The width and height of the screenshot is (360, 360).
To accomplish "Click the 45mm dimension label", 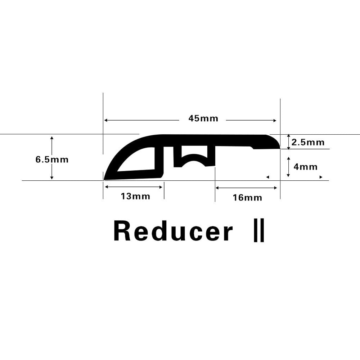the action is (x=203, y=118).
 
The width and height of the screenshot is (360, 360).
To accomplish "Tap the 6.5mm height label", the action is (x=52, y=159).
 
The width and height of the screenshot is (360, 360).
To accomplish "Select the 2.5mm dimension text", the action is (x=308, y=142).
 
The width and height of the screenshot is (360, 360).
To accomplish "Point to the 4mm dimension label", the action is (x=306, y=167).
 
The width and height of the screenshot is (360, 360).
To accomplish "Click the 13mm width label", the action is (x=135, y=196).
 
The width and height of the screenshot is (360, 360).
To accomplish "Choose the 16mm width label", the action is (x=248, y=198).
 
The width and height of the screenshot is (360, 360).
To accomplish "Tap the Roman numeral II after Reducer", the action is (x=259, y=230).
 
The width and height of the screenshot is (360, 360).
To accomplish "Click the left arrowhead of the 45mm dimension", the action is (x=106, y=120).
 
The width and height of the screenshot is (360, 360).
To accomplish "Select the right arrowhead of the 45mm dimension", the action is (x=275, y=121).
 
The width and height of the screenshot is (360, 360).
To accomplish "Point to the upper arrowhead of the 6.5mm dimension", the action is (x=52, y=138).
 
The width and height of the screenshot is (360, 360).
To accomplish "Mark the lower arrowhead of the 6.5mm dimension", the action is (x=52, y=177).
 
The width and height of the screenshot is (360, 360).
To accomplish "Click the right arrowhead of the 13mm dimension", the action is (x=161, y=187).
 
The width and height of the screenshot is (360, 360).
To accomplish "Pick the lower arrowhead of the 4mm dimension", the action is (x=289, y=175).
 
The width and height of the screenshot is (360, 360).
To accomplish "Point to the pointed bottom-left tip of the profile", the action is (x=104, y=180).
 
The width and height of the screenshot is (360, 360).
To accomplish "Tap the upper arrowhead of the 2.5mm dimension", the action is (x=289, y=136).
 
